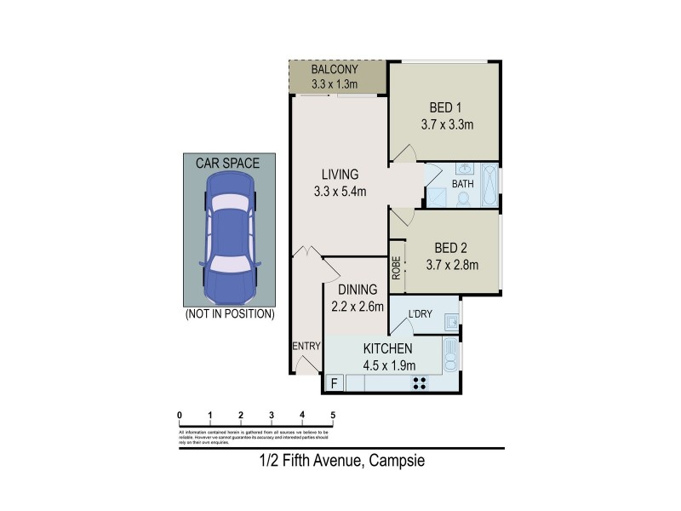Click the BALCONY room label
point(333,69)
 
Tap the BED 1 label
point(445,108)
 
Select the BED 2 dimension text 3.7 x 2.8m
point(452,265)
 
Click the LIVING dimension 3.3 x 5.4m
point(340,191)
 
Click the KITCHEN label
point(387,349)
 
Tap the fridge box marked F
point(334,383)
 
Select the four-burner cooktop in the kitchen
point(420,383)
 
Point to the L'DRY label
point(421,314)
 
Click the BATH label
point(462,184)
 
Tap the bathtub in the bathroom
point(489,185)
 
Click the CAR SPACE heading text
point(227,162)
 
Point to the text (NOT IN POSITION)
point(229,314)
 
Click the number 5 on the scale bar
point(333,416)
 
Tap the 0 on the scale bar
point(180,416)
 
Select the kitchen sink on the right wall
point(451,355)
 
